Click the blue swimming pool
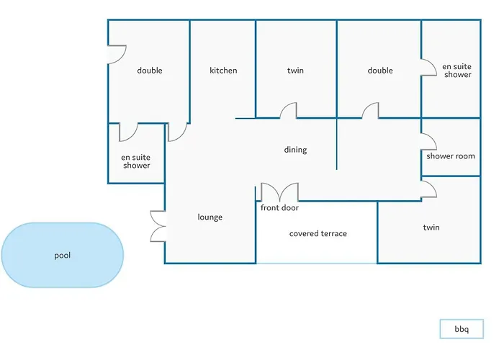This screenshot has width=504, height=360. (62, 255)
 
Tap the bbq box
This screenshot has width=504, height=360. (461, 329)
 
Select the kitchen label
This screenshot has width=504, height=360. (223, 71)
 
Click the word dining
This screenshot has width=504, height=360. (295, 150)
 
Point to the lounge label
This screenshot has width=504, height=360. (210, 217)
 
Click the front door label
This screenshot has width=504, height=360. (279, 208)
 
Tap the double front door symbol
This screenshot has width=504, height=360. (279, 193)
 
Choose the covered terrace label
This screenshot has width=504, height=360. (318, 233)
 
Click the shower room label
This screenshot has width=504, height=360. (451, 156)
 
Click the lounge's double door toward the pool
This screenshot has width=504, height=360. (158, 225)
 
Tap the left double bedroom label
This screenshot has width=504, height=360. (150, 71)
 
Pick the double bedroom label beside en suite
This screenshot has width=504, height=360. (380, 71)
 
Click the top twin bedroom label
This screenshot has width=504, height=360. (295, 71)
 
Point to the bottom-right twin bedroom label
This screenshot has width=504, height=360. (431, 228)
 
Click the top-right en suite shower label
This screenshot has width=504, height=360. (457, 70)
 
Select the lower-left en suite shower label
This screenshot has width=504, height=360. (136, 161)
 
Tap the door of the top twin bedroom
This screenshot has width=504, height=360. (288, 110)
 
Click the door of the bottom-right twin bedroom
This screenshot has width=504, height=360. (428, 188)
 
